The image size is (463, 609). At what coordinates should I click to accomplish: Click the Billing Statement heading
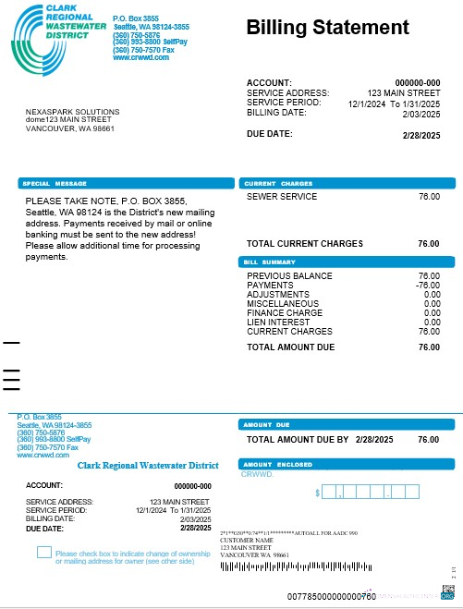pyautogui.click(x=327, y=28)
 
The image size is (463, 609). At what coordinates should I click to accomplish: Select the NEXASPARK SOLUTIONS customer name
pyautogui.click(x=72, y=111)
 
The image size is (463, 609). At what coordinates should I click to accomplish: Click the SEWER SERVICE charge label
pyautogui.click(x=282, y=197)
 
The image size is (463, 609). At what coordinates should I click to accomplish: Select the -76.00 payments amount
pyautogui.click(x=427, y=286)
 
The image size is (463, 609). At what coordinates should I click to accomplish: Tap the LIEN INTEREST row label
pyautogui.click(x=277, y=322)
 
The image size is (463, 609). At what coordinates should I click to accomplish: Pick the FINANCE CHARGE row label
pyautogui.click(x=284, y=312)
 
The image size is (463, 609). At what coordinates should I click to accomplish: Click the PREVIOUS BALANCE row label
pyautogui.click(x=289, y=276)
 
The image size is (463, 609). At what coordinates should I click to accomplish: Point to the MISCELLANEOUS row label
pyautogui.click(x=283, y=304)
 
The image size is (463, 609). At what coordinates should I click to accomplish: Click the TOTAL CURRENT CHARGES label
pyautogui.click(x=305, y=244)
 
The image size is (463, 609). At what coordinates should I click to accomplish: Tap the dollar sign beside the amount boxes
pyautogui.click(x=319, y=493)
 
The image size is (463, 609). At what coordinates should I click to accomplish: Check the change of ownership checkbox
pyautogui.click(x=43, y=553)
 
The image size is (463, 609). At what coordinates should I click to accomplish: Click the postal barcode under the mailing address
pyautogui.click(x=286, y=566)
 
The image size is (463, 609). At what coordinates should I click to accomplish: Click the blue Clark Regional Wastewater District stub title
pyautogui.click(x=148, y=466)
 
